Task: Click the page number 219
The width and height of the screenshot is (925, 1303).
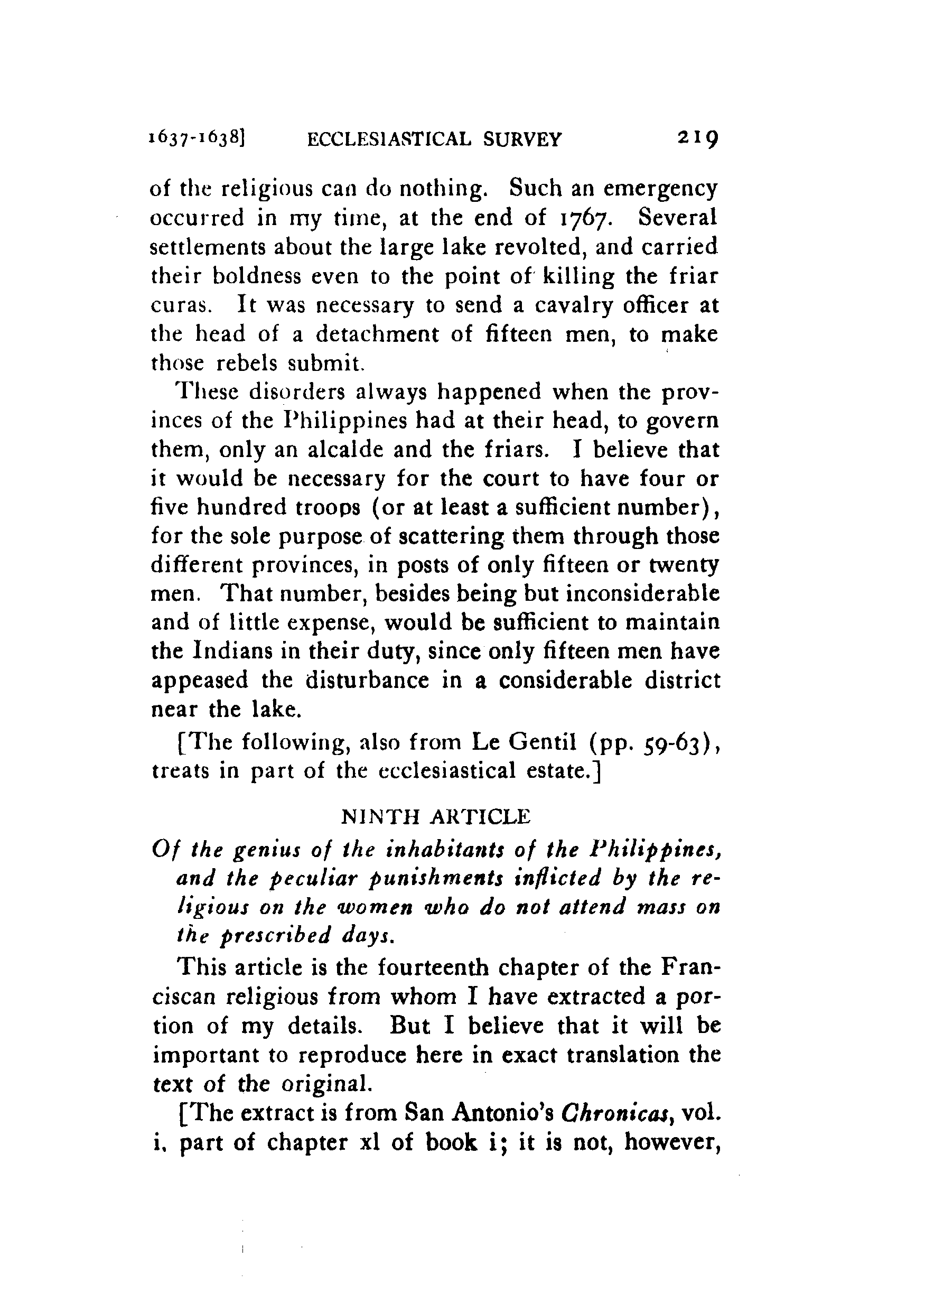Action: tap(698, 138)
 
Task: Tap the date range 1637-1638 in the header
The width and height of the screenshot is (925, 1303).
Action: tap(197, 139)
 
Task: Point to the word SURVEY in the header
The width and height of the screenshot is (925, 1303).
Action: tap(522, 139)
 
